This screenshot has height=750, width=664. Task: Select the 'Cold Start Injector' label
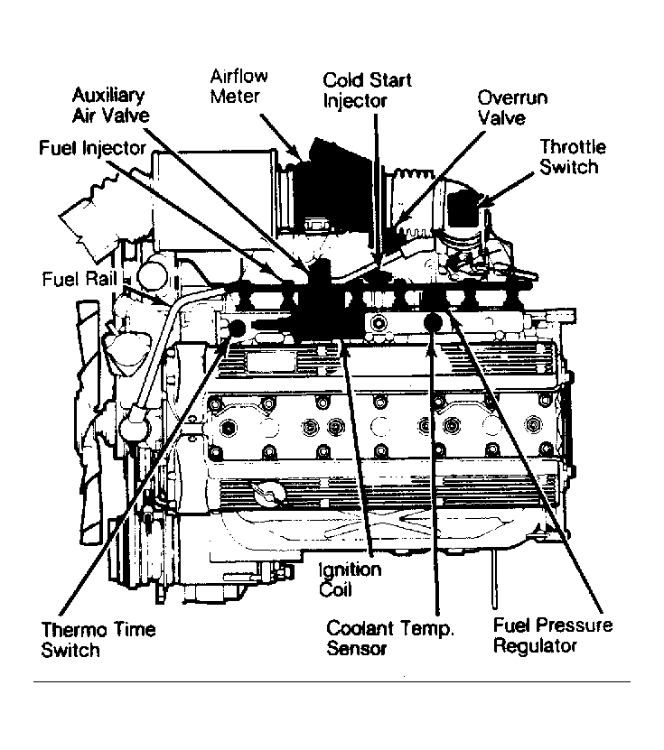[367, 89]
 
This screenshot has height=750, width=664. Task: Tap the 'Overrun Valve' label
[512, 107]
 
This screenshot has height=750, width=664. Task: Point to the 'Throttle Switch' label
[573, 156]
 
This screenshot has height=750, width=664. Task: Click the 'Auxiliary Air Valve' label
[111, 105]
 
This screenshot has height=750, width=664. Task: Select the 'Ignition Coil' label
[351, 579]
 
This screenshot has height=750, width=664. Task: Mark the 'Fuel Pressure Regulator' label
[552, 634]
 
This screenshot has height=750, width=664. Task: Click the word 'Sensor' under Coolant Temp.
[357, 648]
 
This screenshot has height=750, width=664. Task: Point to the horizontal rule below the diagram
[332, 681]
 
